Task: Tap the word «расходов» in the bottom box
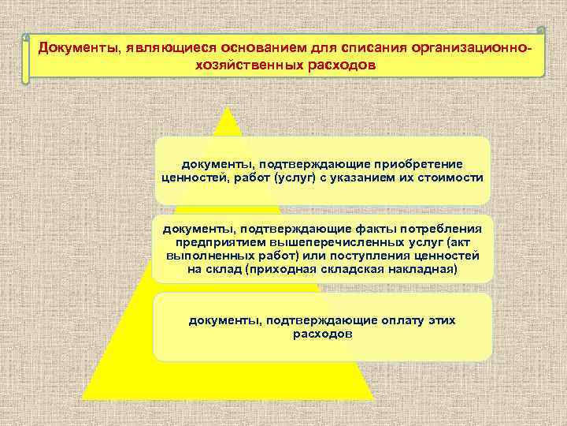(x=322, y=334)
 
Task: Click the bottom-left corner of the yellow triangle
(x=82, y=377)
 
